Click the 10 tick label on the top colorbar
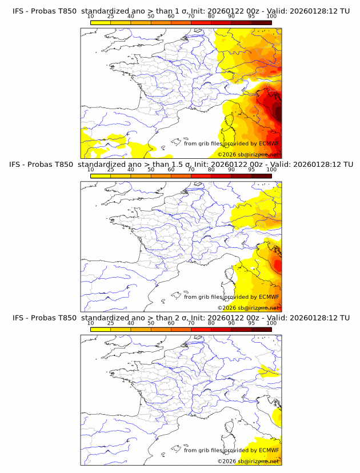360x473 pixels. coord(91,16)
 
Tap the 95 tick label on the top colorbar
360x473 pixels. coord(251,16)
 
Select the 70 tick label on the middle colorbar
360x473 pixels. coord(191,170)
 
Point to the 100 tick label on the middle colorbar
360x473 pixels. coord(271,170)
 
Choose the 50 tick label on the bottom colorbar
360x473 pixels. coord(151,323)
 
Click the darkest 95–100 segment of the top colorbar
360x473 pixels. coord(262,22)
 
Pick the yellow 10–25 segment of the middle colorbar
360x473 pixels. coord(101,176)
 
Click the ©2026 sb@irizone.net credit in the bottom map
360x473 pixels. coord(248,461)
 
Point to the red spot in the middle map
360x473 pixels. coord(278,265)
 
